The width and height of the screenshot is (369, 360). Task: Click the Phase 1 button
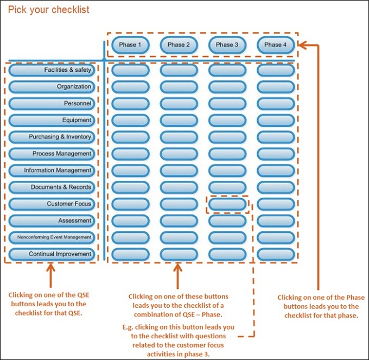click(130, 45)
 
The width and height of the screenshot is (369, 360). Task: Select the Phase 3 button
click(227, 45)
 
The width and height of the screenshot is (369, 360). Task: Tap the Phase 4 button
click(276, 45)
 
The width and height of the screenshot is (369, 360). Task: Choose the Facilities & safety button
click(52, 70)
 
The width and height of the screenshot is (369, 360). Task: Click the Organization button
click(52, 87)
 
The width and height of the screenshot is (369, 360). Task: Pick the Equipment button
click(52, 120)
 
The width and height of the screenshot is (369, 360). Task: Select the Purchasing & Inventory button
click(52, 137)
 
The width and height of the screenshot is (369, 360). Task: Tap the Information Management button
click(52, 170)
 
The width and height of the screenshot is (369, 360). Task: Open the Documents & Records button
click(52, 187)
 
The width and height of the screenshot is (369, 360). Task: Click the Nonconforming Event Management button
click(52, 237)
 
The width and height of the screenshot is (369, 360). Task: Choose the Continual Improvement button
click(52, 254)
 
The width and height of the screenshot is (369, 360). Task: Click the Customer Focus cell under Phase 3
click(227, 204)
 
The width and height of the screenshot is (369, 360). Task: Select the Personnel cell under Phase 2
click(179, 103)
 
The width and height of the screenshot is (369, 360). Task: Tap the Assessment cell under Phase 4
click(276, 220)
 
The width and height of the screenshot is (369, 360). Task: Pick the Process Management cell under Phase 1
click(130, 154)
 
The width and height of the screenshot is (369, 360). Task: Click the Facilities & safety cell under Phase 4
click(276, 70)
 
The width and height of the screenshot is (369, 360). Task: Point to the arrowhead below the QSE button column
click(50, 268)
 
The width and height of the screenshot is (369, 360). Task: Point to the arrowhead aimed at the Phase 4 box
click(302, 45)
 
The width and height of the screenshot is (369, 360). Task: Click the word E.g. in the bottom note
click(128, 327)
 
